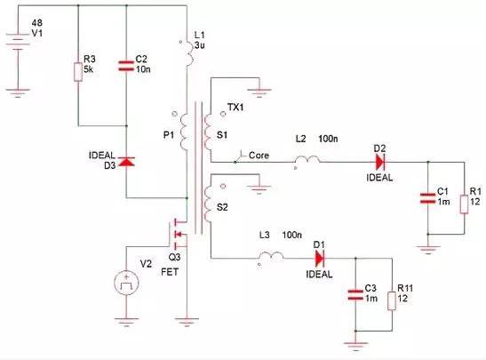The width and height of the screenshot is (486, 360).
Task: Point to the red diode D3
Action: pos(125,163)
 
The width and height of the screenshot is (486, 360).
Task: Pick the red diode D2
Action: pos(380,162)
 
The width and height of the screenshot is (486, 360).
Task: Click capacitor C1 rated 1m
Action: pos(428,197)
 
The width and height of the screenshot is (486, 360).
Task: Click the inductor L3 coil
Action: pos(271,258)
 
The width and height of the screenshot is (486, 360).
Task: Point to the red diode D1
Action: pos(319,259)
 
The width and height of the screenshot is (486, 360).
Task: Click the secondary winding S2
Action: pos(211,210)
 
